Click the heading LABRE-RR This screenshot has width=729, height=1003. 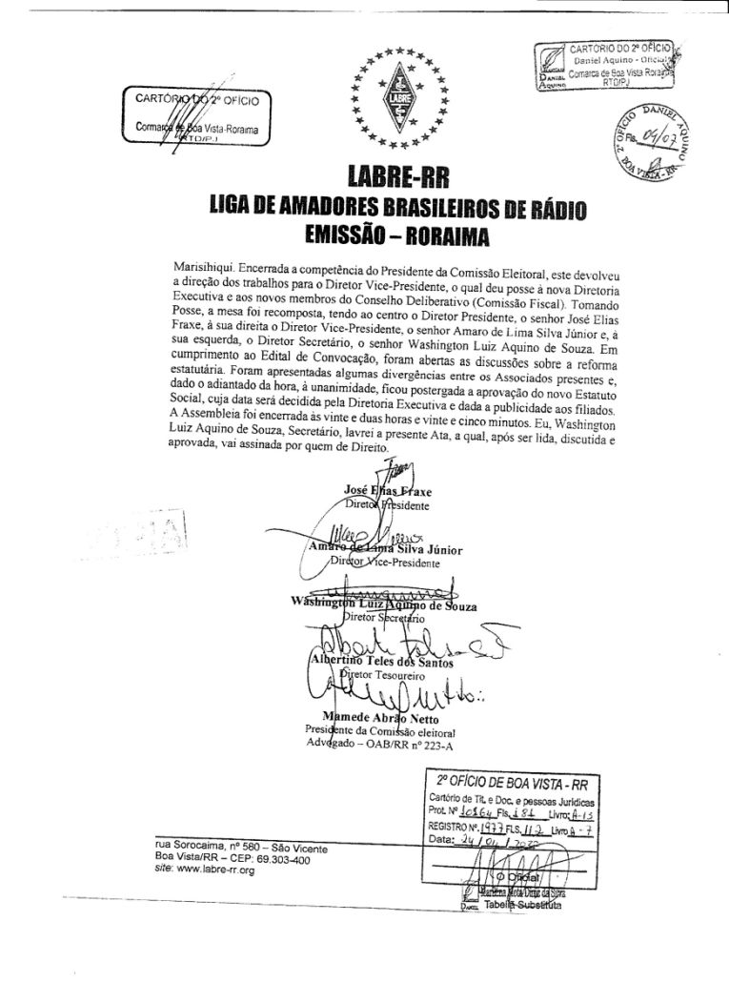pos(390,178)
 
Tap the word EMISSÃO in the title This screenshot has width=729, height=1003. pos(336,234)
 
